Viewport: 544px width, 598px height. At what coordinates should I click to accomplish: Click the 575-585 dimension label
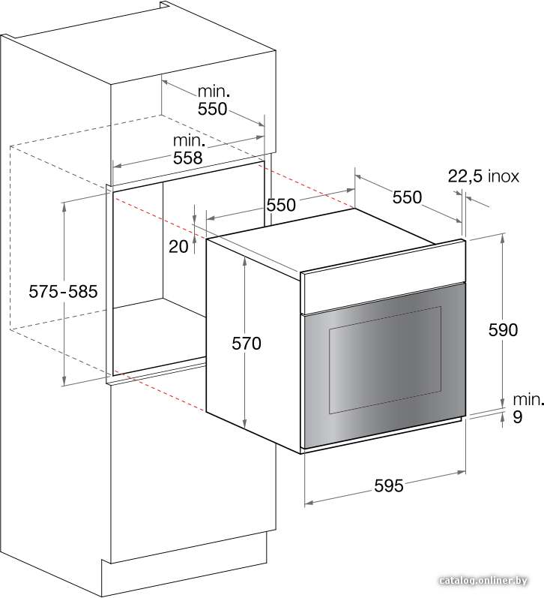click(63, 292)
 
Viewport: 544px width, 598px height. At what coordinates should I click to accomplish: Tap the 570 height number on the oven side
click(247, 344)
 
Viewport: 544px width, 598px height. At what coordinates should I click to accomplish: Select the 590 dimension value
click(504, 330)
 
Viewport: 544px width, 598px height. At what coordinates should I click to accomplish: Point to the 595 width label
click(389, 486)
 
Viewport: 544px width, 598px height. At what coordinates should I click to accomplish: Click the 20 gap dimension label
click(178, 247)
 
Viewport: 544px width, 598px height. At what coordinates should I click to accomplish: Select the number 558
click(188, 158)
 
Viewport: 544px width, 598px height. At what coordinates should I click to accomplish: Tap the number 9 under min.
click(517, 417)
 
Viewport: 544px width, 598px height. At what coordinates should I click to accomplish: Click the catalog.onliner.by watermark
click(483, 581)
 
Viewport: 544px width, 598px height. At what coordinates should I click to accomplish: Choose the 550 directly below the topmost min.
click(212, 109)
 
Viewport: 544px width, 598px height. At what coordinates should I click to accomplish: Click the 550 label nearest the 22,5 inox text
click(407, 197)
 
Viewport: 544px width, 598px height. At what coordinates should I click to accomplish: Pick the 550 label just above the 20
click(281, 205)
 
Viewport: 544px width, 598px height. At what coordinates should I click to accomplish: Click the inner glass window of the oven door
click(385, 359)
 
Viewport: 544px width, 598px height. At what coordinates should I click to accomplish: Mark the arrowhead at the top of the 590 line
click(504, 238)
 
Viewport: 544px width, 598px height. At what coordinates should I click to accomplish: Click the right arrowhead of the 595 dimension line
click(462, 473)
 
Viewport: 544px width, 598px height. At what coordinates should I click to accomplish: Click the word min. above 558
click(190, 141)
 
